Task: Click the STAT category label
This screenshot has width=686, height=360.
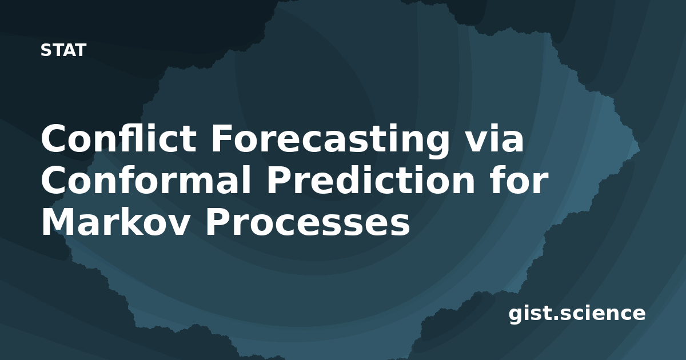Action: click(x=63, y=50)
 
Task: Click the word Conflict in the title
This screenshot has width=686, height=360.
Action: click(x=119, y=138)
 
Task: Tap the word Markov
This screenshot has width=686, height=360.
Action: click(x=115, y=222)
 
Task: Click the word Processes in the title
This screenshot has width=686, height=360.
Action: click(x=308, y=222)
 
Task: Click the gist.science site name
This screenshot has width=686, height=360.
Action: click(x=577, y=314)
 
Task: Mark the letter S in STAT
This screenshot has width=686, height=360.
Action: click(x=46, y=50)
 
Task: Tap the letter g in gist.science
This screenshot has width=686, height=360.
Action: click(x=516, y=315)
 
